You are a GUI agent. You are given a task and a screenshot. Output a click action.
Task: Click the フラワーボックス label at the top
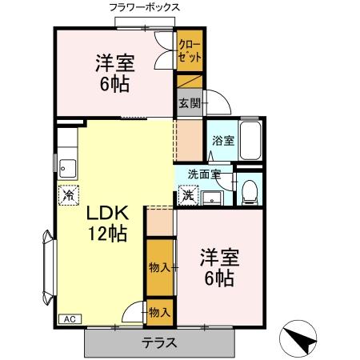[x=145, y=7]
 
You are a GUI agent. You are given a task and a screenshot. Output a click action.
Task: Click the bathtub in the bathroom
[x=252, y=142]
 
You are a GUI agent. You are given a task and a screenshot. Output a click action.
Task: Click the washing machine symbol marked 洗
[x=186, y=194]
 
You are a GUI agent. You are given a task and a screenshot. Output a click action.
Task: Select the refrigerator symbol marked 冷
[x=69, y=194]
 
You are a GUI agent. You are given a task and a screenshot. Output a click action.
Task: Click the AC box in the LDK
[x=68, y=318]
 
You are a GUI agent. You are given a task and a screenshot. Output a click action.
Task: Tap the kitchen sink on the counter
[x=66, y=168]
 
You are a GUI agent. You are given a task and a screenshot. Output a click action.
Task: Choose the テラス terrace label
[x=160, y=344]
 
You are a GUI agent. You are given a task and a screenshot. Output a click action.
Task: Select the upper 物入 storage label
[x=159, y=267]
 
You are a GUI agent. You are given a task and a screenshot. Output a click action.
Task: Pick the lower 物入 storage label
[x=160, y=313]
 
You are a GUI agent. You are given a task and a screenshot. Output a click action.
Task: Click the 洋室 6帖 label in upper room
[x=114, y=73]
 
